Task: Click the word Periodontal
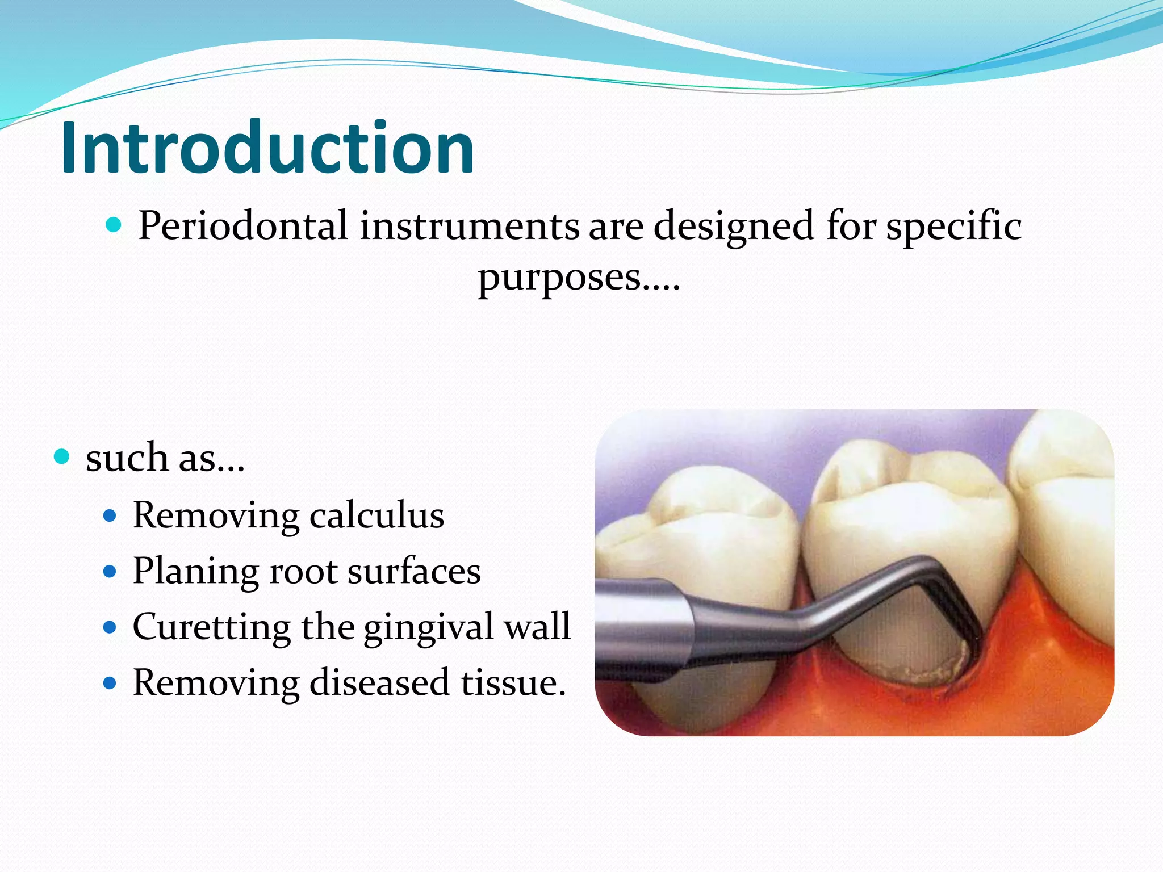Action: (242, 226)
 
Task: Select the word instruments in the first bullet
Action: (470, 226)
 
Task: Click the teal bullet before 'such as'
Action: (61, 456)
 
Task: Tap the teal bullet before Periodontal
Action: (114, 226)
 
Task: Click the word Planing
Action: (195, 571)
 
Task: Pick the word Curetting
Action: (212, 626)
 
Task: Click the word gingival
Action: (428, 627)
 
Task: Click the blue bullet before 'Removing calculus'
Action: (110, 515)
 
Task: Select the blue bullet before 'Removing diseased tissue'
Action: (110, 682)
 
